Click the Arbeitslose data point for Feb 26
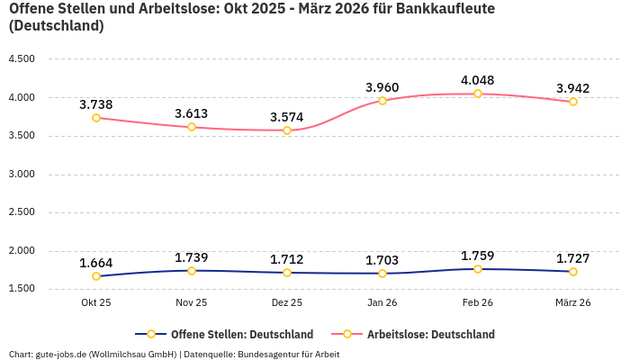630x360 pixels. point(478,94)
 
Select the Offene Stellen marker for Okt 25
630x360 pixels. point(96,276)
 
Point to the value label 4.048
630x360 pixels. point(478,80)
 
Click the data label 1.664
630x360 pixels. point(96,263)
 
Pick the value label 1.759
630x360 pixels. point(478,256)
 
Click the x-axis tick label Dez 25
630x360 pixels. point(287,302)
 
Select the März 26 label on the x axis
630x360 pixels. point(573,302)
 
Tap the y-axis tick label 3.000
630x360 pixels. point(21,174)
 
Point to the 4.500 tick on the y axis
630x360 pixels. point(21,59)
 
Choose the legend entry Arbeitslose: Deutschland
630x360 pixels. point(430,334)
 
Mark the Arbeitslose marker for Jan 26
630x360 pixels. point(382,101)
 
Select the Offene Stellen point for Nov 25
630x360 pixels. point(192,271)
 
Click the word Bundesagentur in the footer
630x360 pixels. point(266,354)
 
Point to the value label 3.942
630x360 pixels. point(573,88)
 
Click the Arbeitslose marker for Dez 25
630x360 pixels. point(287,130)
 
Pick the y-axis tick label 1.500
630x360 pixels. point(21,289)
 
